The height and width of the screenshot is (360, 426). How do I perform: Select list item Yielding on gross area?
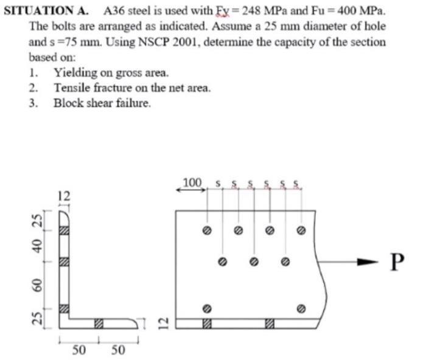coord(111,73)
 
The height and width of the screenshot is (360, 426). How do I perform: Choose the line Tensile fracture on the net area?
coord(132,88)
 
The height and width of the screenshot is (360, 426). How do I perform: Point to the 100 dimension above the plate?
coord(192,182)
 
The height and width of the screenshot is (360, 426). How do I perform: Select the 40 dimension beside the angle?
coord(38,246)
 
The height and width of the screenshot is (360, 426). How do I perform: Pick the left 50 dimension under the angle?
coord(79,350)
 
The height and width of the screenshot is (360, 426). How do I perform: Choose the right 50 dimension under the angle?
coord(117,350)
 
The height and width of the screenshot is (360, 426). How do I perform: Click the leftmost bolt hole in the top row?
coord(208,230)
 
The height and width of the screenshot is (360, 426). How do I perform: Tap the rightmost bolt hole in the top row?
coord(300,230)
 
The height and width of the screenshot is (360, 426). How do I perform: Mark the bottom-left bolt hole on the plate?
coord(208,308)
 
